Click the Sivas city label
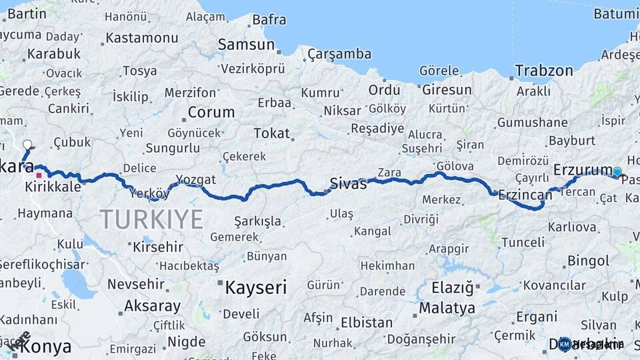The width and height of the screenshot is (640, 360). (x=348, y=183)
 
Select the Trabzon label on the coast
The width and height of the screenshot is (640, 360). (x=544, y=71)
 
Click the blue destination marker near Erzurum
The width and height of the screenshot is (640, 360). (x=617, y=172)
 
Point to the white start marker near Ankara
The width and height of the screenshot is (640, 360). (x=27, y=144)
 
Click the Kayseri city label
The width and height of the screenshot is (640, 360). (x=256, y=287)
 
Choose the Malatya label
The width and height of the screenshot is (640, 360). (x=447, y=308)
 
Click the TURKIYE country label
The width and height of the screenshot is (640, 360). (x=151, y=219)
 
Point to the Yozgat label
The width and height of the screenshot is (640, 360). (x=196, y=179)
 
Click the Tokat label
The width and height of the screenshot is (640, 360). (x=271, y=133)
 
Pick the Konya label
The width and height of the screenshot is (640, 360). (x=46, y=347)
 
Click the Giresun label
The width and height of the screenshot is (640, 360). (x=446, y=89)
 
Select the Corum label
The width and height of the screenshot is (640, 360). (x=211, y=111)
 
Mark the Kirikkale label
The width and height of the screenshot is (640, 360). (x=53, y=187)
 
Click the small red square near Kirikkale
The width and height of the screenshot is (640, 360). (x=39, y=176)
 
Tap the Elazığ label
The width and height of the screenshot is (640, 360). (x=452, y=288)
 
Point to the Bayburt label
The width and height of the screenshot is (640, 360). (x=572, y=140)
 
